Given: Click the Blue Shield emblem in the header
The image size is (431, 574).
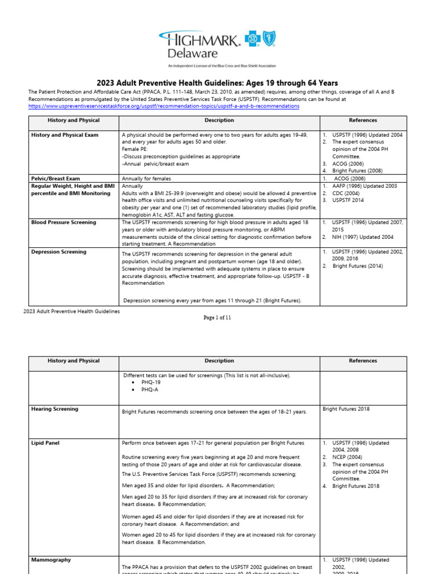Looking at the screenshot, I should pos(269,39).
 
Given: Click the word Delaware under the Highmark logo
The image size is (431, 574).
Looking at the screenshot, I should pos(191,53).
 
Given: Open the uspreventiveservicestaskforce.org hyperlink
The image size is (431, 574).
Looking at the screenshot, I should pos(163,106).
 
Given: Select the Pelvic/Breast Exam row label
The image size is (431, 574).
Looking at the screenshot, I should pos(56,178).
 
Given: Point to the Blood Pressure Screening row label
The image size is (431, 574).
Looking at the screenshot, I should pos(63,223).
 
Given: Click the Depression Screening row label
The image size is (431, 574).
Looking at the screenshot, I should pos(59,252).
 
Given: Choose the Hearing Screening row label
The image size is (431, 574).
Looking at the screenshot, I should pos(55,409).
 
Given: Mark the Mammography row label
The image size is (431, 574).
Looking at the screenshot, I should pos(51,559).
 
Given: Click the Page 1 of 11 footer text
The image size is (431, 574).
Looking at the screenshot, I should pos(217,317).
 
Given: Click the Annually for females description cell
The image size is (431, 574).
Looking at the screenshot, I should pos(146,178).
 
